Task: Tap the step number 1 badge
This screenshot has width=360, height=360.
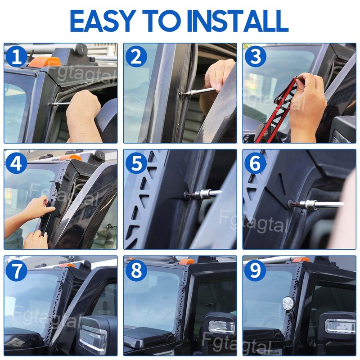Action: tap(16, 58)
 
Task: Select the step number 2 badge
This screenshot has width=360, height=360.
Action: tap(136, 58)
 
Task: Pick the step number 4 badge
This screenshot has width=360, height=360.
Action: tap(16, 163)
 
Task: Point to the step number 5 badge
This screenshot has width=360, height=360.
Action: tap(136, 163)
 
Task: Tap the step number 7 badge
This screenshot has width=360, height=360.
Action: tap(16, 270)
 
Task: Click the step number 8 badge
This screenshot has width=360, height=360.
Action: tap(136, 270)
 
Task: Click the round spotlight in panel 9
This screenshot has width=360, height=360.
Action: tap(288, 303)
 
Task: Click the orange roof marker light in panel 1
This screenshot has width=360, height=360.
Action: tap(45, 62)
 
